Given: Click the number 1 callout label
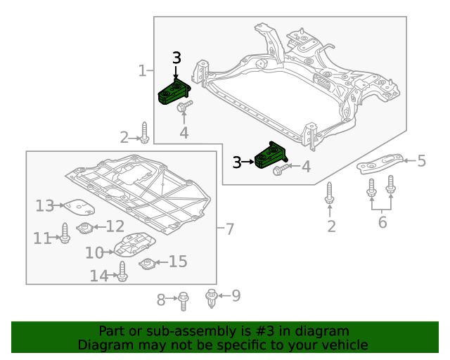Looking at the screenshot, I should (x=142, y=70).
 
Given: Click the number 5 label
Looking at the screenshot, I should (x=421, y=161).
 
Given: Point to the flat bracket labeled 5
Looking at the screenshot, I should (x=380, y=164).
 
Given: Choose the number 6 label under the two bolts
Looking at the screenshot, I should (x=382, y=222).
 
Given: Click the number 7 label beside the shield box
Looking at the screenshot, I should (x=229, y=229).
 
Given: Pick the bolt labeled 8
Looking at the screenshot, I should (x=183, y=300).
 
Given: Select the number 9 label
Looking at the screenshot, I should (x=236, y=295).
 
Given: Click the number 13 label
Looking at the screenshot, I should (x=45, y=205).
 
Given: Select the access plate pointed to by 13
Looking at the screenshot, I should (x=79, y=207).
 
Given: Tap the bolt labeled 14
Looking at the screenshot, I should (x=123, y=272).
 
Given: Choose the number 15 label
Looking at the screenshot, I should (x=177, y=262).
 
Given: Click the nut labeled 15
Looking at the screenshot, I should (x=146, y=264).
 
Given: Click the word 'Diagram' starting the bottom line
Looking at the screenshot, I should (x=103, y=345).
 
